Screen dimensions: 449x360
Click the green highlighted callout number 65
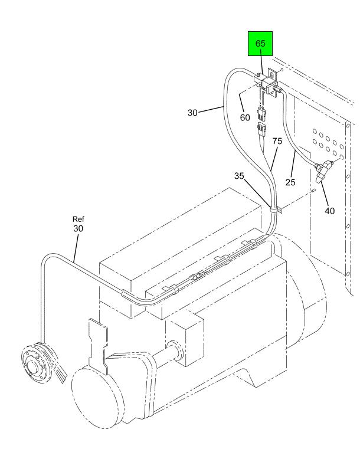pos(260,44)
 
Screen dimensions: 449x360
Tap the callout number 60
pos(245,117)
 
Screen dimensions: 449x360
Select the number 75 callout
pos(277,142)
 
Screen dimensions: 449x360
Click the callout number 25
pos(290,182)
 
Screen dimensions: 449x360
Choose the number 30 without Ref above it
pos(193,113)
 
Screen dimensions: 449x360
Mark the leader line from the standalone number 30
pos(211,110)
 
